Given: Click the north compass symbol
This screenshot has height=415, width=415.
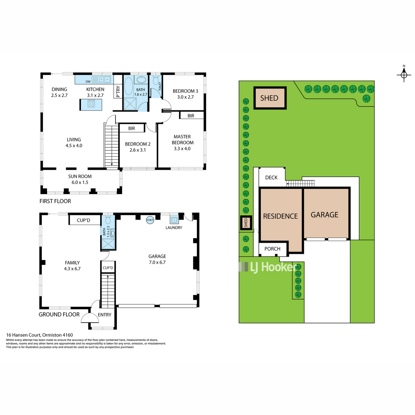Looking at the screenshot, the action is (404, 75).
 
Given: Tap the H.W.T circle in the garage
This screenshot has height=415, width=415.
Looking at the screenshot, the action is (150, 220).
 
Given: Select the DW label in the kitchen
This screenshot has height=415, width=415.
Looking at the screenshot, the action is (88, 81).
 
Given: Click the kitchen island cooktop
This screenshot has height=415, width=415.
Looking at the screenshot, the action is (91, 104).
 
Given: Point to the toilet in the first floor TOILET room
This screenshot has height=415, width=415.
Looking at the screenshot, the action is (156, 80).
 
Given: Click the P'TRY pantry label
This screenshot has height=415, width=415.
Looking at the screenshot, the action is (118, 92).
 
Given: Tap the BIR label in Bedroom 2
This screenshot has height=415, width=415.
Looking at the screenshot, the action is (131, 128).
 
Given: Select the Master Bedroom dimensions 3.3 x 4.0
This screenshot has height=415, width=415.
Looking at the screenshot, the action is (182, 148).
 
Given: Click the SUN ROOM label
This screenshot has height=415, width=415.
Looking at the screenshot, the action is (80, 176).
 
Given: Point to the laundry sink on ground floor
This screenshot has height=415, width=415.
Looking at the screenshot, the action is (174, 220).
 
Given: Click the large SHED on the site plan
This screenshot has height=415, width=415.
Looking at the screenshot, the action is (270, 98).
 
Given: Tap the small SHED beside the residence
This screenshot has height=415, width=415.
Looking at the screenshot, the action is (246, 223).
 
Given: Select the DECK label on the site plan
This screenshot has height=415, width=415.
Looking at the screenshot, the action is (271, 177).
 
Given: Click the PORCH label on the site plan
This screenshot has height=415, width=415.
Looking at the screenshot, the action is (273, 249).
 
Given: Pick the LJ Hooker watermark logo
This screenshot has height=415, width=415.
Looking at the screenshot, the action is (268, 267).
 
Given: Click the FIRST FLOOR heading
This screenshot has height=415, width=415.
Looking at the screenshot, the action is (55, 201).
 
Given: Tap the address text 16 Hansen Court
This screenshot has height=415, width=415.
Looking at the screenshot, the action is (24, 335).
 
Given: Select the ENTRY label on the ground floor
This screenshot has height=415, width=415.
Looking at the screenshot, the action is (104, 315).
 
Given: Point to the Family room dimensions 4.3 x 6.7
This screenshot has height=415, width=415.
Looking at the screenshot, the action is (72, 269).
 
